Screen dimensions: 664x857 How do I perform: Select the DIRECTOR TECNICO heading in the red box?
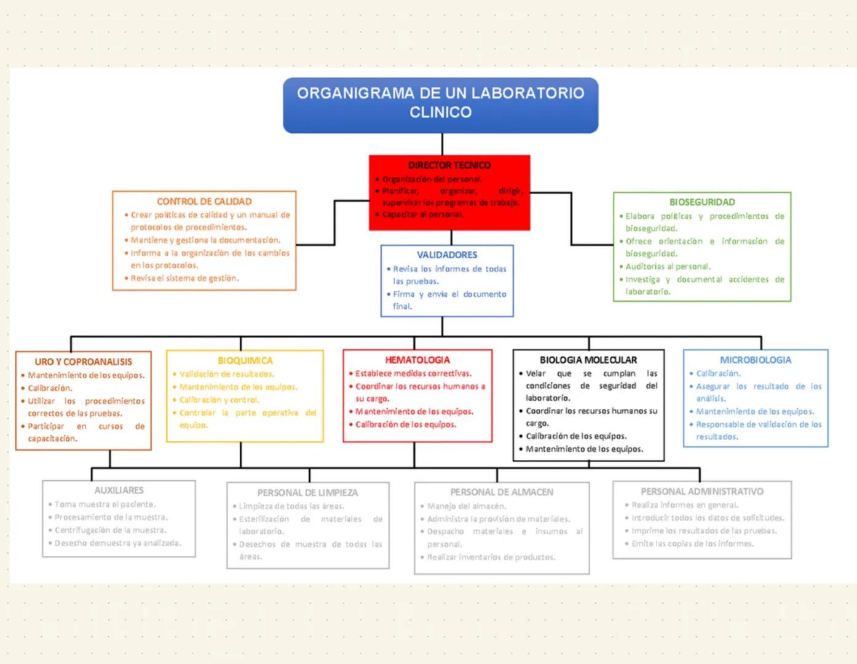tap(449, 165)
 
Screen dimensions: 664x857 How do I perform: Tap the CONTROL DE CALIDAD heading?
tap(204, 202)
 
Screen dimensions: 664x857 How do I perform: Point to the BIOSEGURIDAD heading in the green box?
tap(702, 202)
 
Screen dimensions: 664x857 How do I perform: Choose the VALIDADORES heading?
tap(447, 255)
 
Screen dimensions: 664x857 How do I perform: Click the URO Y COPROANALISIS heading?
tap(84, 362)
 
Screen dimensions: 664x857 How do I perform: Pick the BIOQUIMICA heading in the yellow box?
tap(245, 361)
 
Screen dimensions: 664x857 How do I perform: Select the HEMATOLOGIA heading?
tap(417, 360)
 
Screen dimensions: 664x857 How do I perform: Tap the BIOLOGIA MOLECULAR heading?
tap(588, 360)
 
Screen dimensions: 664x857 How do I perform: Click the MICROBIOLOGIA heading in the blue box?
tap(756, 360)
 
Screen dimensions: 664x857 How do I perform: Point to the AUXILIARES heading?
tap(119, 491)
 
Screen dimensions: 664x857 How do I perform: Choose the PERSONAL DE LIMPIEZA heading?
tap(307, 493)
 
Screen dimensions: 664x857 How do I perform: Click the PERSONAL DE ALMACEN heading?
tap(502, 492)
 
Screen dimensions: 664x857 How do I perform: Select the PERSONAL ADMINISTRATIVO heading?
tap(702, 492)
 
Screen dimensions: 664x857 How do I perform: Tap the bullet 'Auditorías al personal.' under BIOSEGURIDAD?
tap(668, 267)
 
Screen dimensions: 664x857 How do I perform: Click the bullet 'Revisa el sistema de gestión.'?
tap(184, 279)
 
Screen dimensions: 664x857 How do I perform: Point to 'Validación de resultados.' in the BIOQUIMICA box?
tap(227, 374)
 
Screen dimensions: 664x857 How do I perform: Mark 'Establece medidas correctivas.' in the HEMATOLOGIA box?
tap(413, 374)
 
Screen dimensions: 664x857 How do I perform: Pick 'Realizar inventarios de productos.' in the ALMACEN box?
tap(491, 558)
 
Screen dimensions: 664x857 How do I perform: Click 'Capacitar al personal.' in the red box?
tap(423, 215)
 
